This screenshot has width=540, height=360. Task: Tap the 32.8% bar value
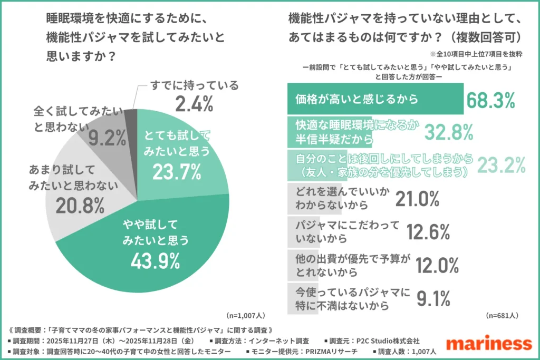pos(449,132)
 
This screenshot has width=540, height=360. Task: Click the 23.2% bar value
pos(501,165)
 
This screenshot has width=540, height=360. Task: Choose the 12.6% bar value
pos(428,231)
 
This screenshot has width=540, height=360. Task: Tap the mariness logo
pos(488,343)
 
